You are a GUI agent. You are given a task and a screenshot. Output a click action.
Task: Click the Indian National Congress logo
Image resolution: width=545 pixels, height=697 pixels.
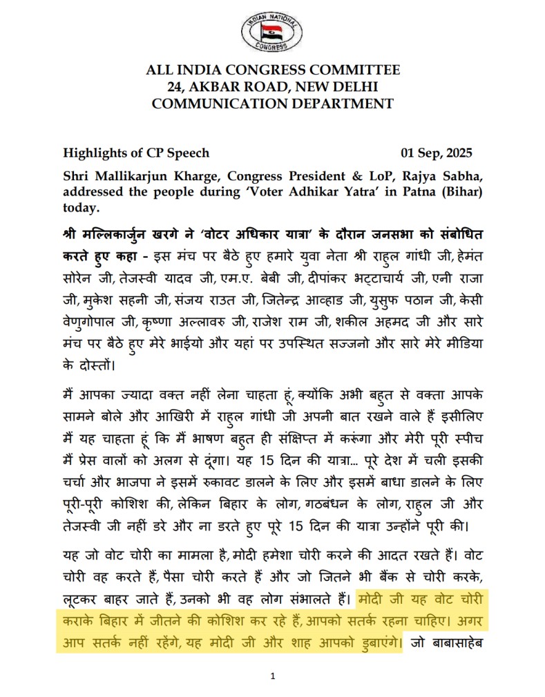coord(272,32)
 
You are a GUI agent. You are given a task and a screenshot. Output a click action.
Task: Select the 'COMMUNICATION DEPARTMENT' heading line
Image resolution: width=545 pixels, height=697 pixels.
coord(272,104)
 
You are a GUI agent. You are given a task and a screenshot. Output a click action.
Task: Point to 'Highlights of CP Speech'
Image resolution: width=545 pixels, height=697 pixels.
coord(136,153)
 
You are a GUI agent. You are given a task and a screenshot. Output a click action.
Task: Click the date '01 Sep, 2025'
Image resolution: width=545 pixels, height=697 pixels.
coord(437,153)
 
